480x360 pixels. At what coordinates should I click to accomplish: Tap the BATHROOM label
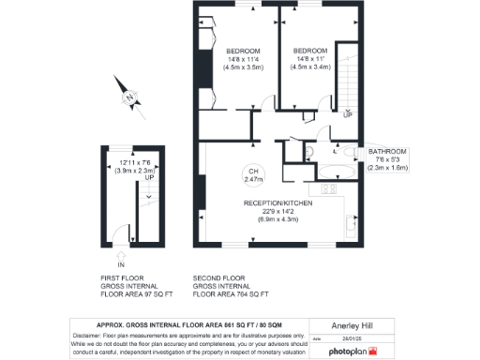click(387, 152)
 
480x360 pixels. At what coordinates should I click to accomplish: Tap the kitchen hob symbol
click(330, 189)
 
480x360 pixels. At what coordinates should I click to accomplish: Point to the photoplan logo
click(352, 351)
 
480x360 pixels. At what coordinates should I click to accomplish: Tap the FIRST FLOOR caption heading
click(120, 278)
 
